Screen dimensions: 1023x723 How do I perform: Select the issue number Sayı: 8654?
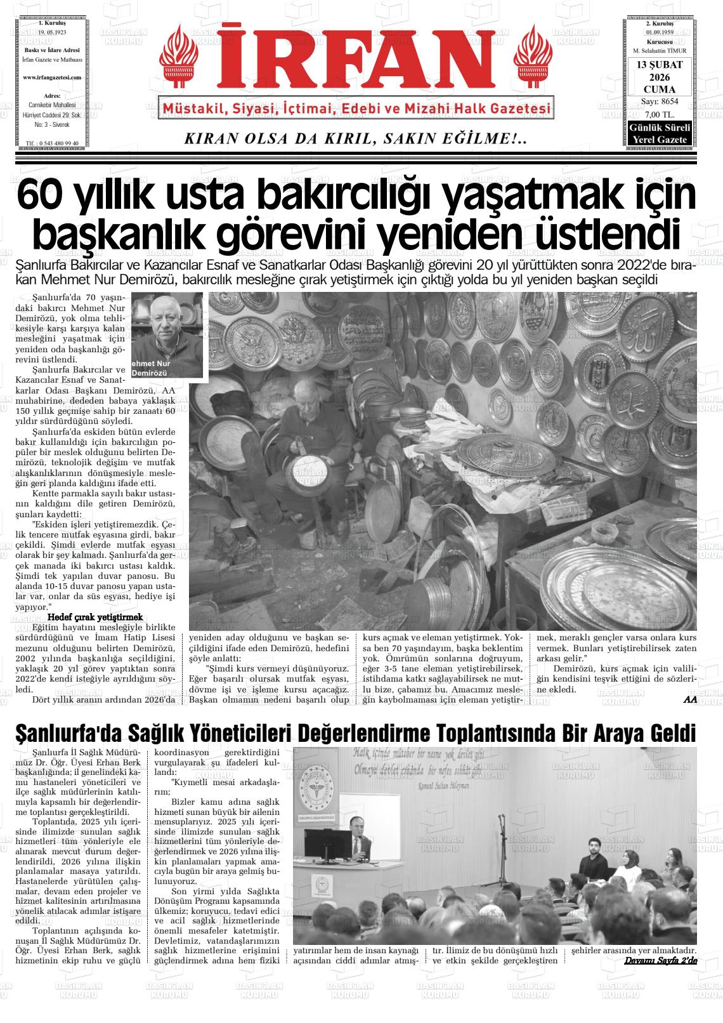pos(660,102)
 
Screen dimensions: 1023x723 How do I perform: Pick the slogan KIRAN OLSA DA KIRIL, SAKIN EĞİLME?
pos(355,139)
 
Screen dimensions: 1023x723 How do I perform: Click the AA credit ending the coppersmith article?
pos(690,699)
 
